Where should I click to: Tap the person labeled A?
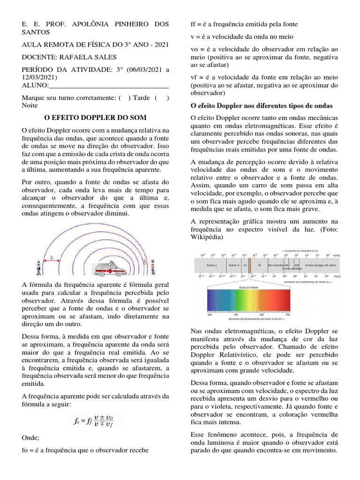(38, 268)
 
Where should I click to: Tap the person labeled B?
(152, 267)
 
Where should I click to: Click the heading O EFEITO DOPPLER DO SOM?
(95, 117)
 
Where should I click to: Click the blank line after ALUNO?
(109, 85)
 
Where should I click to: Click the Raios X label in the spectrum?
(234, 265)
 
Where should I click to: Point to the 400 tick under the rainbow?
(210, 315)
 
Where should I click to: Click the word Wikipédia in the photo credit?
(208, 238)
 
